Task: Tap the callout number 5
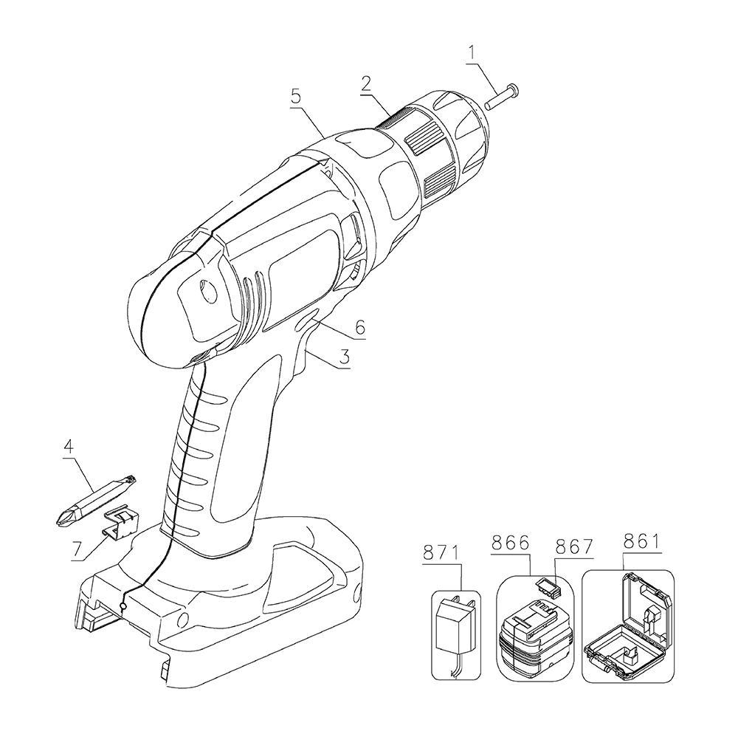click(x=296, y=97)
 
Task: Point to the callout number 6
click(x=360, y=327)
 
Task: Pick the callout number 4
click(x=69, y=447)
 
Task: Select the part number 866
click(x=510, y=543)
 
